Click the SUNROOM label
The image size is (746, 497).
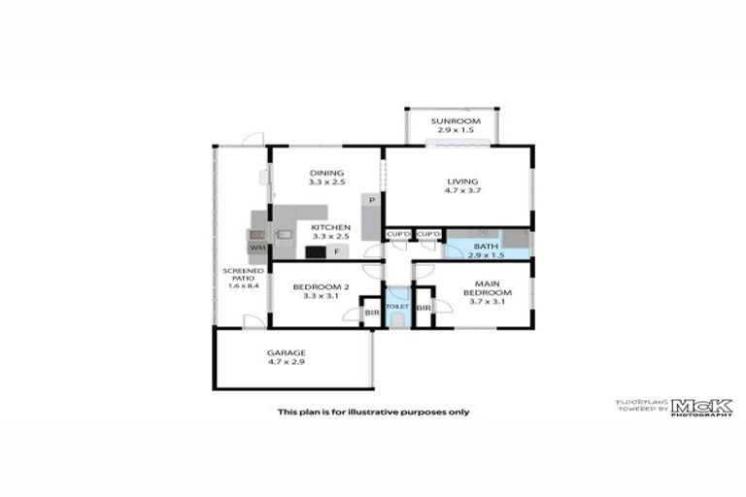455,120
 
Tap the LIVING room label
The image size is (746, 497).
463,180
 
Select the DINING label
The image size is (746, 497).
326,173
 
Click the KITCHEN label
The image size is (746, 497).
330,227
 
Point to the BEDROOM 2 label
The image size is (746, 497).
320,286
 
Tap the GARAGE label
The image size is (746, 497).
287,352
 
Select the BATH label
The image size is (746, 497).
486,246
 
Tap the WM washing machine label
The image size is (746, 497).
257,248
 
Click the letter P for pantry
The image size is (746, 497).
371,201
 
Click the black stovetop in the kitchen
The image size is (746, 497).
316,252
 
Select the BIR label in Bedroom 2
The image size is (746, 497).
371,313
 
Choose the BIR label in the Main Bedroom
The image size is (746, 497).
423,309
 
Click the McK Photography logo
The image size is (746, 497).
701,408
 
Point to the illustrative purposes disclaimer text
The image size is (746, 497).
373,412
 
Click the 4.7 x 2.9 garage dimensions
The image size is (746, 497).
287,362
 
